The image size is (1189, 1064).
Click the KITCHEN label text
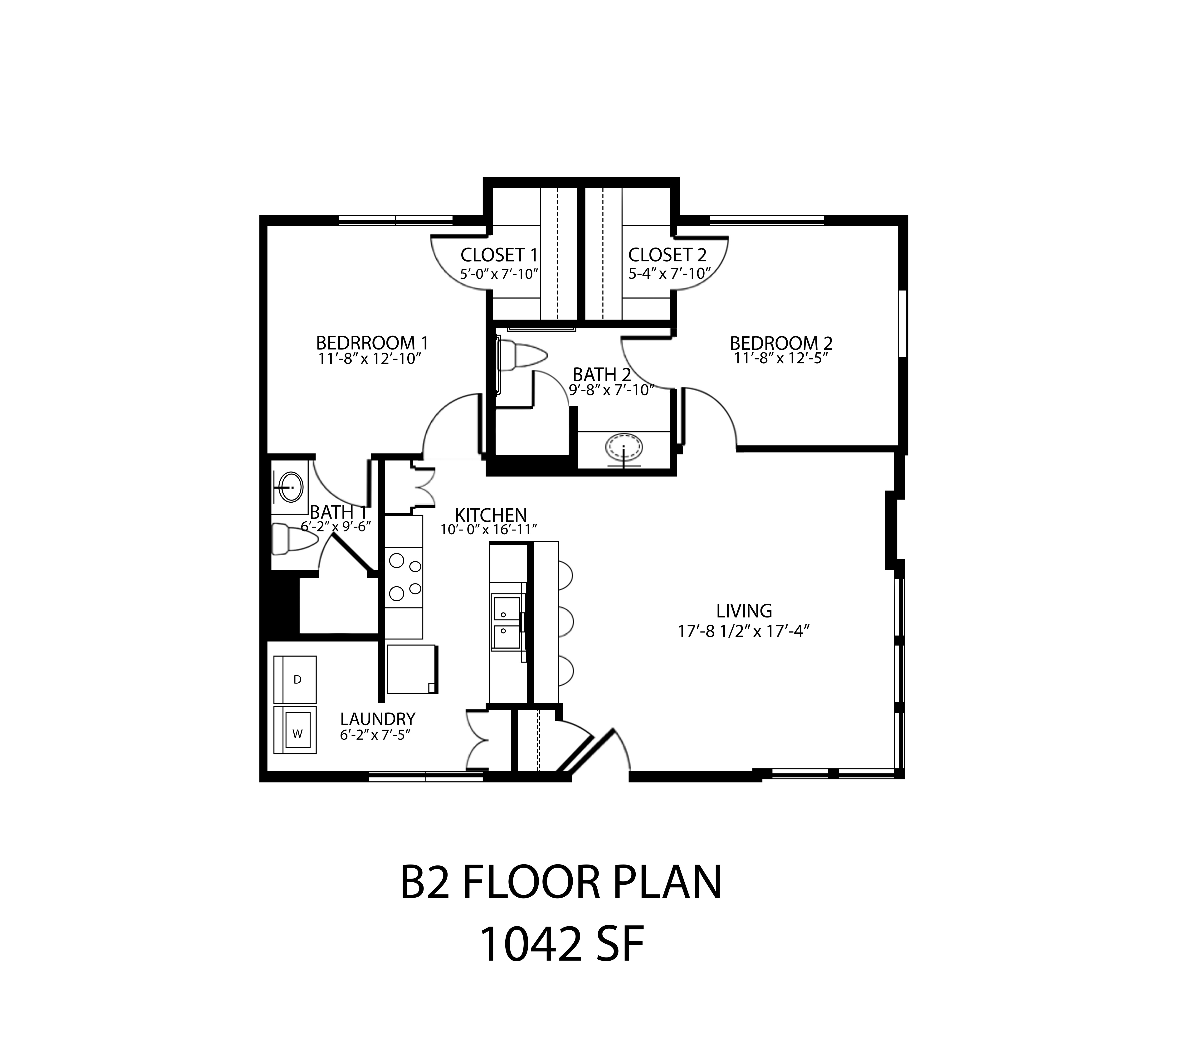coord(491,515)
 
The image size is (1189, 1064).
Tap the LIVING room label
coord(744,611)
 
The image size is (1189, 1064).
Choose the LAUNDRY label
coord(378,719)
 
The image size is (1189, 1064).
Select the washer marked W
coord(295,730)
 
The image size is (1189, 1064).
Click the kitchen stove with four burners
coord(404,577)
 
